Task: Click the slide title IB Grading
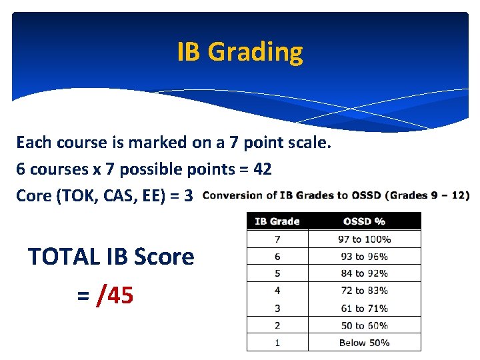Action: click(x=240, y=51)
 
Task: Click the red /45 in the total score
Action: click(x=115, y=295)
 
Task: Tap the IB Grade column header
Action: click(x=277, y=221)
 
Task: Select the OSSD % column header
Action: click(x=364, y=221)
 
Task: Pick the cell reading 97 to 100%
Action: click(x=364, y=239)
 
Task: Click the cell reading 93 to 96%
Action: click(x=364, y=257)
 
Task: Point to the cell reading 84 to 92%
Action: click(x=364, y=273)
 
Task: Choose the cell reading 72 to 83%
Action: click(x=364, y=291)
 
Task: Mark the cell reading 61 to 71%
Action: click(x=364, y=308)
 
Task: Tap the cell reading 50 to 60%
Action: click(x=364, y=325)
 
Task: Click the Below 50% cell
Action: click(x=364, y=343)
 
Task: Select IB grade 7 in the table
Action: click(x=277, y=239)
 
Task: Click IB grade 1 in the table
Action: click(x=277, y=343)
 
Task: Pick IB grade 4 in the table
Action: click(x=277, y=291)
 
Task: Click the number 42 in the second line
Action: click(x=262, y=169)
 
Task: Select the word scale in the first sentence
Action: click(x=308, y=143)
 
